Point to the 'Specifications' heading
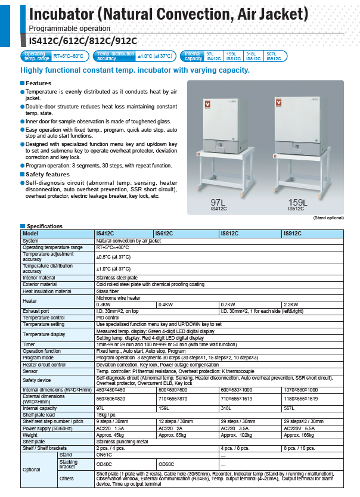pos(45,226)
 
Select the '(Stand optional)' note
pos(328,219)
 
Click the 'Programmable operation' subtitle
pos(70,28)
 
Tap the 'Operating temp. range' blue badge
pos(36,57)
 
